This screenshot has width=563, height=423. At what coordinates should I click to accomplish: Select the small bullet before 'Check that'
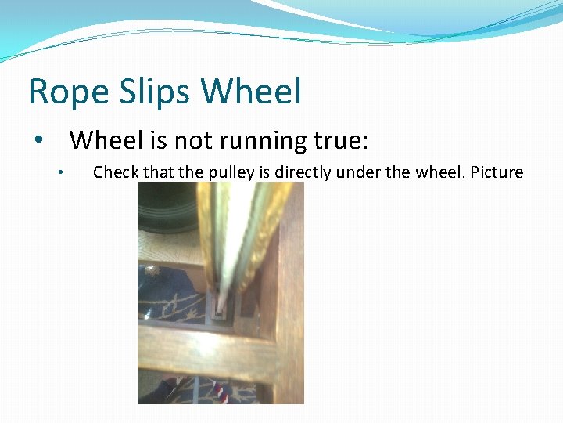pos(59,173)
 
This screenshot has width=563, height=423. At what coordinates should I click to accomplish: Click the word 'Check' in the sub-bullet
pos(116,172)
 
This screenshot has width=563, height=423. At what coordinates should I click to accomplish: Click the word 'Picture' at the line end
pos(497,172)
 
